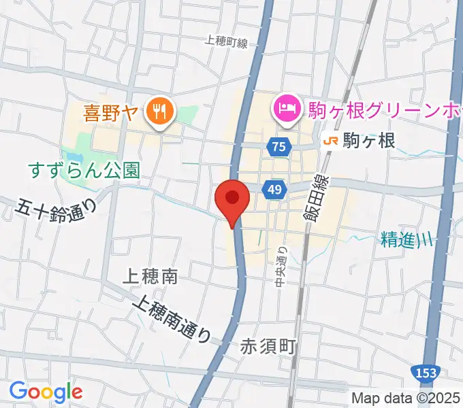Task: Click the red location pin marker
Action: coord(232,199)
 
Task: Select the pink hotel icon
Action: coord(287,107)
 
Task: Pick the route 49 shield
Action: coord(274,191)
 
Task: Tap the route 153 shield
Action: coord(426,372)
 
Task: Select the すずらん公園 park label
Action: coord(84,170)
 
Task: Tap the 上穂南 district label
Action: coord(150,276)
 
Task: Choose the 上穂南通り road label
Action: coord(173,318)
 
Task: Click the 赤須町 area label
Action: coord(268,347)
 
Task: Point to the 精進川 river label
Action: coord(406,239)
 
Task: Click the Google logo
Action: coord(46,392)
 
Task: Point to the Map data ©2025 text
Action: coord(406,398)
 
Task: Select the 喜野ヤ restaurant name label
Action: coord(110,113)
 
